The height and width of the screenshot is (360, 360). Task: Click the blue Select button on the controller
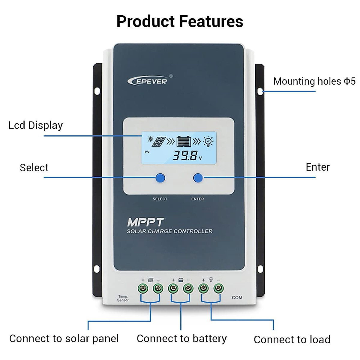coord(160,178)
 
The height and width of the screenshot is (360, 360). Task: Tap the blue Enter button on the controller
coord(198,178)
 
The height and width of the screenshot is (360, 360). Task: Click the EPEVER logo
coord(148,81)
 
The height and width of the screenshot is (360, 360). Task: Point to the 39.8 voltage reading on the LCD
coord(185,155)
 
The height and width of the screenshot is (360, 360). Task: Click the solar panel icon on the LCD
coord(159,142)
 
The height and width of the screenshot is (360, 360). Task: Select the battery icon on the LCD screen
coord(183,141)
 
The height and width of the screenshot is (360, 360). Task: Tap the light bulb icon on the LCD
coord(208,141)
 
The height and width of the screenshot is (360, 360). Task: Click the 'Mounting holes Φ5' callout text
coord(314,81)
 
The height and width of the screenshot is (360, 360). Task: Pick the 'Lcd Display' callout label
coord(35,125)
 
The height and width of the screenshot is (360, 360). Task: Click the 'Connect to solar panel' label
coord(64,338)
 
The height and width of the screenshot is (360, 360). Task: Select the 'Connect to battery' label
coord(181,338)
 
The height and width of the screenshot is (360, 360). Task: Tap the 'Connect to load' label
coord(292,340)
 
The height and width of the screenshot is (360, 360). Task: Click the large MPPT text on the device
coord(145,222)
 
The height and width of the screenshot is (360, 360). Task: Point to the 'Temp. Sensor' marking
coord(123,298)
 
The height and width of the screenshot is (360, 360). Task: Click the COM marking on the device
coord(237,298)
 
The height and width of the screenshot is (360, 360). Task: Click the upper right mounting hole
coord(260,91)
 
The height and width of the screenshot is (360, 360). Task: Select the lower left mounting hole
coord(97,269)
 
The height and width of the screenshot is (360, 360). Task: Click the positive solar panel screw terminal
coord(143,289)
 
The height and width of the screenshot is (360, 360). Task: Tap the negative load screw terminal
coord(218,289)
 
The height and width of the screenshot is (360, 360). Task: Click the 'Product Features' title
coord(180,22)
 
